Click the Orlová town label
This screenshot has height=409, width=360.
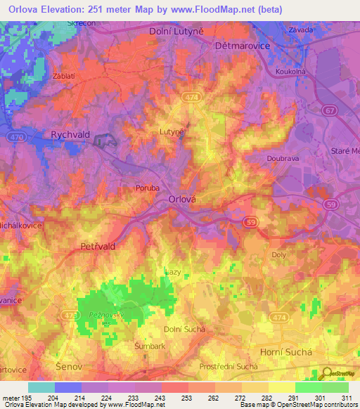[x=186, y=199]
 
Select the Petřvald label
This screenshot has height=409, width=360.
[x=98, y=247]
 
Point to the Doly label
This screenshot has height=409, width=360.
[x=279, y=257]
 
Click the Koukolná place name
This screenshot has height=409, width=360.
[x=296, y=70]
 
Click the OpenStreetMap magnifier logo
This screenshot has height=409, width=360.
[x=327, y=375]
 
